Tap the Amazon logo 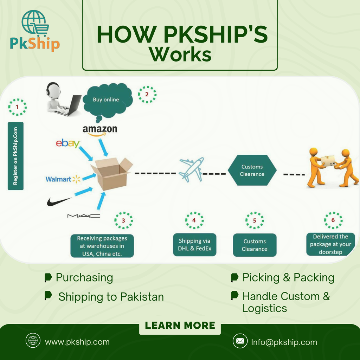click(100, 131)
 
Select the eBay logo click(68, 143)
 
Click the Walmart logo click(63, 179)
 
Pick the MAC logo click(84, 216)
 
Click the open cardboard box click(112, 174)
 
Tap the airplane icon click(192, 169)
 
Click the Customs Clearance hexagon click(252, 170)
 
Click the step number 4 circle click(194, 220)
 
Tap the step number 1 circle click(17, 107)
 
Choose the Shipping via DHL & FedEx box click(195, 245)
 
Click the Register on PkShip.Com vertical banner click(15, 156)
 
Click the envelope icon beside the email click(240, 341)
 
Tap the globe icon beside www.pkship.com click(33, 340)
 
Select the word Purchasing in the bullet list click(84, 278)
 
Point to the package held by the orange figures click(328, 161)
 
